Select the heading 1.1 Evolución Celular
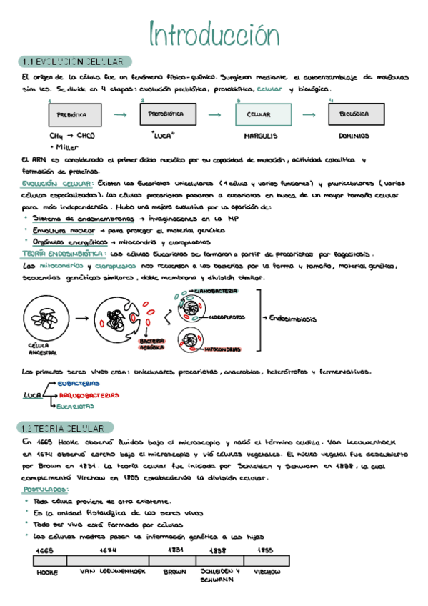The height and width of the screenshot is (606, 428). (75, 61)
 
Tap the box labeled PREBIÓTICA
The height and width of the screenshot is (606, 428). (71, 114)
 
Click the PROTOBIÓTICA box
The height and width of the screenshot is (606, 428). (166, 114)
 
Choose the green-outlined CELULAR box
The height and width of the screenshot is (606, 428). (263, 114)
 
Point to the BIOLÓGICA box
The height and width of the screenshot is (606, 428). (354, 114)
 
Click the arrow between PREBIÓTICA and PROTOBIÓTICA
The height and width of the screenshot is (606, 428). (119, 114)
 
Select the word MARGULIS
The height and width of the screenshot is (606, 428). (261, 135)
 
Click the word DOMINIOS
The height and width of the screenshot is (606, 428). (354, 135)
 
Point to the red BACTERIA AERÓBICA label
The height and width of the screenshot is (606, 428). (152, 344)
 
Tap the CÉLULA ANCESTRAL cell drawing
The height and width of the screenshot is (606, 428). (46, 318)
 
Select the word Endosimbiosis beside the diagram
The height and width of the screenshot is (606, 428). (292, 319)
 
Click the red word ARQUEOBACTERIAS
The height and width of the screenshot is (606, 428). (89, 394)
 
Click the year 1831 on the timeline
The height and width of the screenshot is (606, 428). (175, 550)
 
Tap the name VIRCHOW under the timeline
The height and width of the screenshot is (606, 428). (267, 572)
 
